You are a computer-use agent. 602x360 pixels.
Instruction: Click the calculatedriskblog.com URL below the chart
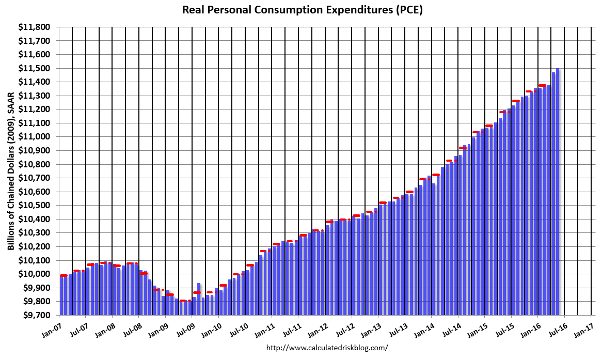point(327,348)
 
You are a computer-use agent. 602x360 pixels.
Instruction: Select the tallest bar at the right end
point(558,191)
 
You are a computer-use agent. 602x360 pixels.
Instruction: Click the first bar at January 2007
point(61,295)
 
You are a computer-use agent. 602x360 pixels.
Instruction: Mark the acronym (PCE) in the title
point(409,10)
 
